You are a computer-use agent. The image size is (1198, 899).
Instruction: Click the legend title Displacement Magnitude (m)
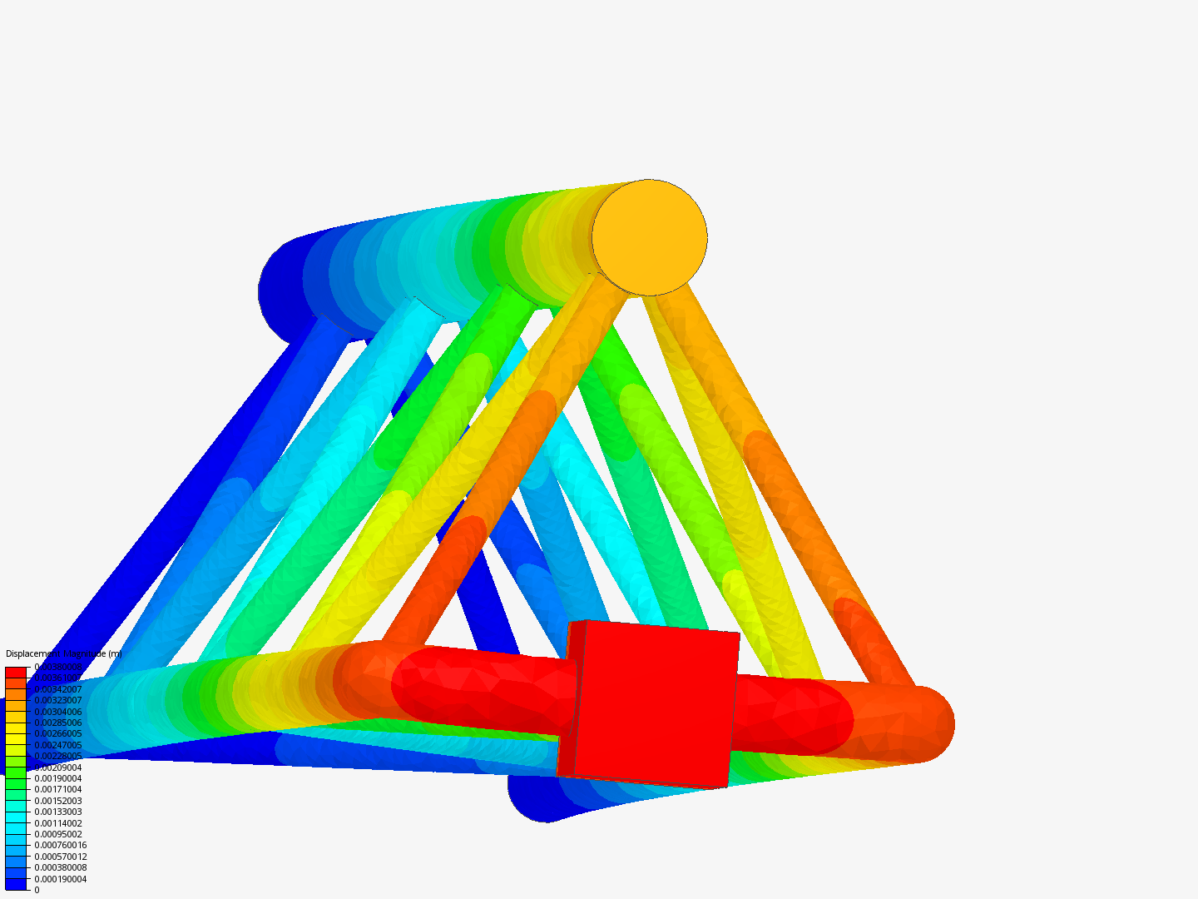[63, 654]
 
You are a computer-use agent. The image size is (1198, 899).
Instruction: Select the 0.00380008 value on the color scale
[57, 668]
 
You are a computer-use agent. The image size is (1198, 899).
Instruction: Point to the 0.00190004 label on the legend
[57, 778]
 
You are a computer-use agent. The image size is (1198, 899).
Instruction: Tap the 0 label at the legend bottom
[37, 890]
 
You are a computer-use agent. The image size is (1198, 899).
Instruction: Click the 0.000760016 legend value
[60, 845]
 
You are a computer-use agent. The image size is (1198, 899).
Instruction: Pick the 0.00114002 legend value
[57, 823]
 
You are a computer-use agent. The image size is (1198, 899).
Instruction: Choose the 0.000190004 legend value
[60, 879]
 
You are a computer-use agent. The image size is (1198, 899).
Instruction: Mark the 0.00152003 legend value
[57, 801]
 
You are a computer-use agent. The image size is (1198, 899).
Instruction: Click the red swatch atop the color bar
[16, 672]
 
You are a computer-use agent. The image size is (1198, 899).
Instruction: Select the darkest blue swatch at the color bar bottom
[16, 885]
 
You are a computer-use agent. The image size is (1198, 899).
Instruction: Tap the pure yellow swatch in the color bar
[16, 739]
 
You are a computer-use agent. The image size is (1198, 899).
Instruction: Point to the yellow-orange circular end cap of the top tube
[650, 237]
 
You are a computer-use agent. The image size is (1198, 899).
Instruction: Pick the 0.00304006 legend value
[57, 712]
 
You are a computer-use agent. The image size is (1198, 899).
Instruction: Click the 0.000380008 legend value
[60, 867]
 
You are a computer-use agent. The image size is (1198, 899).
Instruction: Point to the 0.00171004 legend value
[57, 789]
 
